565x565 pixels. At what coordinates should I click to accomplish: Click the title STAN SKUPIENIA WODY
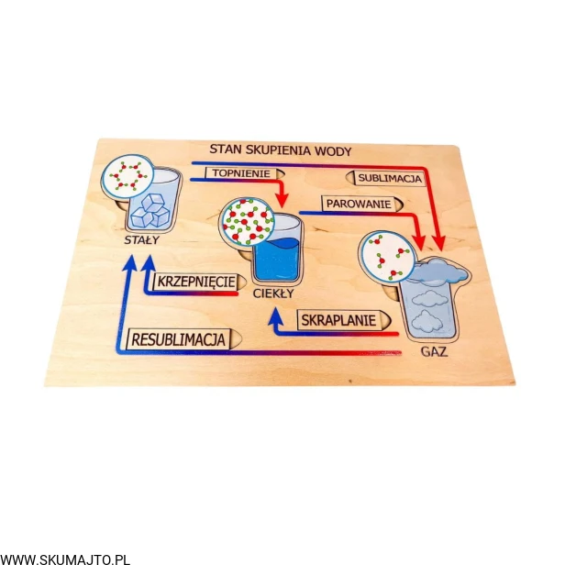click(x=280, y=150)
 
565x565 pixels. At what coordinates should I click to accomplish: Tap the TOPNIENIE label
click(x=241, y=173)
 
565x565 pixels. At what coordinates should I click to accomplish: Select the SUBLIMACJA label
click(x=389, y=178)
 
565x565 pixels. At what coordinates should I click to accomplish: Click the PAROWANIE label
click(x=357, y=203)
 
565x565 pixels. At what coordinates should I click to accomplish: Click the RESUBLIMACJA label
click(x=179, y=339)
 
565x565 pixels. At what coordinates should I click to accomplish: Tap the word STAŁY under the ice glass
click(x=142, y=239)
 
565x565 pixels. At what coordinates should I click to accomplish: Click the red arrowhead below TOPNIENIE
click(x=282, y=198)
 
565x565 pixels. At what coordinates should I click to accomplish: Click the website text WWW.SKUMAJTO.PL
click(x=66, y=556)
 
